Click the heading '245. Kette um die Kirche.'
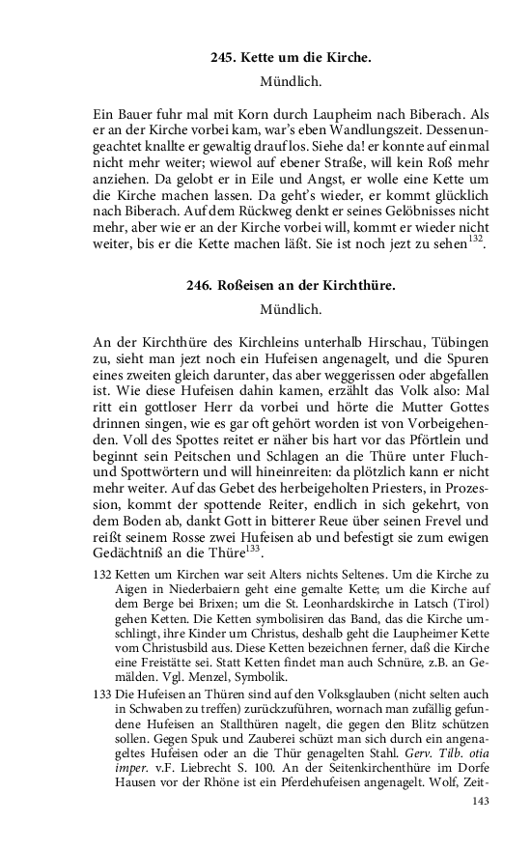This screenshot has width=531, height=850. [291, 58]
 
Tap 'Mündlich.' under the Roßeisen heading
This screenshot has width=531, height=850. [291, 310]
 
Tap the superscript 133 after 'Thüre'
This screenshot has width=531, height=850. [253, 550]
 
